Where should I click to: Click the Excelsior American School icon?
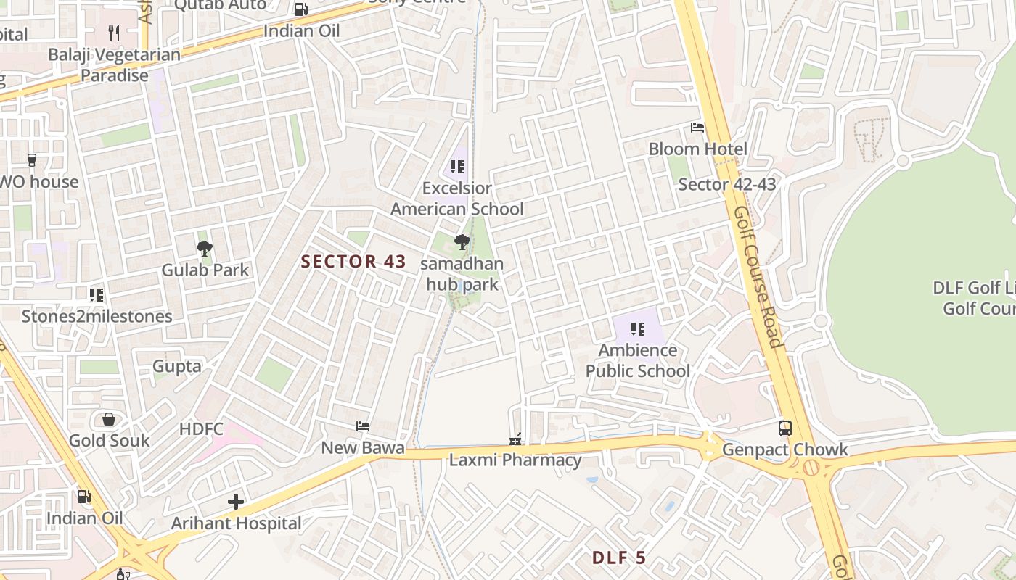click(457, 167)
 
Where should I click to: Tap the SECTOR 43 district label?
click(353, 262)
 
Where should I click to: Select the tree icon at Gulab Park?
click(205, 249)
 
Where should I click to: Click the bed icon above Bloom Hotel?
click(697, 128)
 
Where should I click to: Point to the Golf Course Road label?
click(757, 277)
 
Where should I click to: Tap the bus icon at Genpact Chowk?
click(784, 428)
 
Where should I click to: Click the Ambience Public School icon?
click(638, 329)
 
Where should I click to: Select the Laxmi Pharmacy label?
click(515, 460)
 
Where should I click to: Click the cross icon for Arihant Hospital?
click(236, 501)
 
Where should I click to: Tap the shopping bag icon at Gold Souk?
click(109, 419)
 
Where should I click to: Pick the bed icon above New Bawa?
click(363, 426)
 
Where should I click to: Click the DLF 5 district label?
click(618, 558)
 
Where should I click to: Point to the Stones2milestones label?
click(97, 317)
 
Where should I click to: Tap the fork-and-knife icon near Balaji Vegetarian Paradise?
click(113, 33)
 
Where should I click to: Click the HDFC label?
click(201, 429)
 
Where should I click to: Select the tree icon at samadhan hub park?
click(462, 242)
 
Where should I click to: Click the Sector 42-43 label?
click(727, 184)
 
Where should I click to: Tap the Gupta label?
click(177, 367)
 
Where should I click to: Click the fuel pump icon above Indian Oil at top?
click(300, 9)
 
